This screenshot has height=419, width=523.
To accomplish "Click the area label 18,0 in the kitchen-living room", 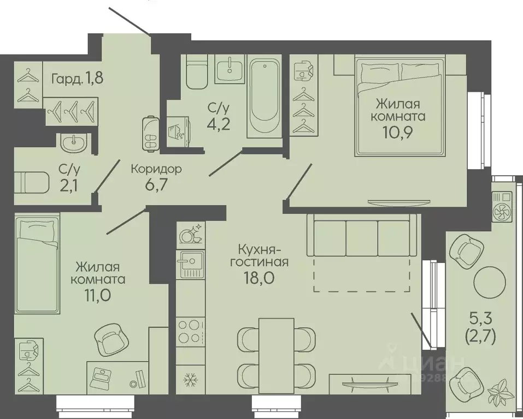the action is click(x=259, y=277).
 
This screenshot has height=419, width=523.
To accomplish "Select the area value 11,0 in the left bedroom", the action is click(x=97, y=295).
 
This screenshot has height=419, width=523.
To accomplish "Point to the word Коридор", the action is click(x=156, y=169).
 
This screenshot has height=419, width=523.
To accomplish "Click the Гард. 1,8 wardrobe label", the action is click(x=78, y=79).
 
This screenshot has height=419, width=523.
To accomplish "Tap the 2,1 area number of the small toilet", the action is click(x=69, y=185).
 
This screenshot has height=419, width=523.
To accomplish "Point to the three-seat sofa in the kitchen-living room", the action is click(x=362, y=235).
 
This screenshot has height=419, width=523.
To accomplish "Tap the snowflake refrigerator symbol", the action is click(x=191, y=379).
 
